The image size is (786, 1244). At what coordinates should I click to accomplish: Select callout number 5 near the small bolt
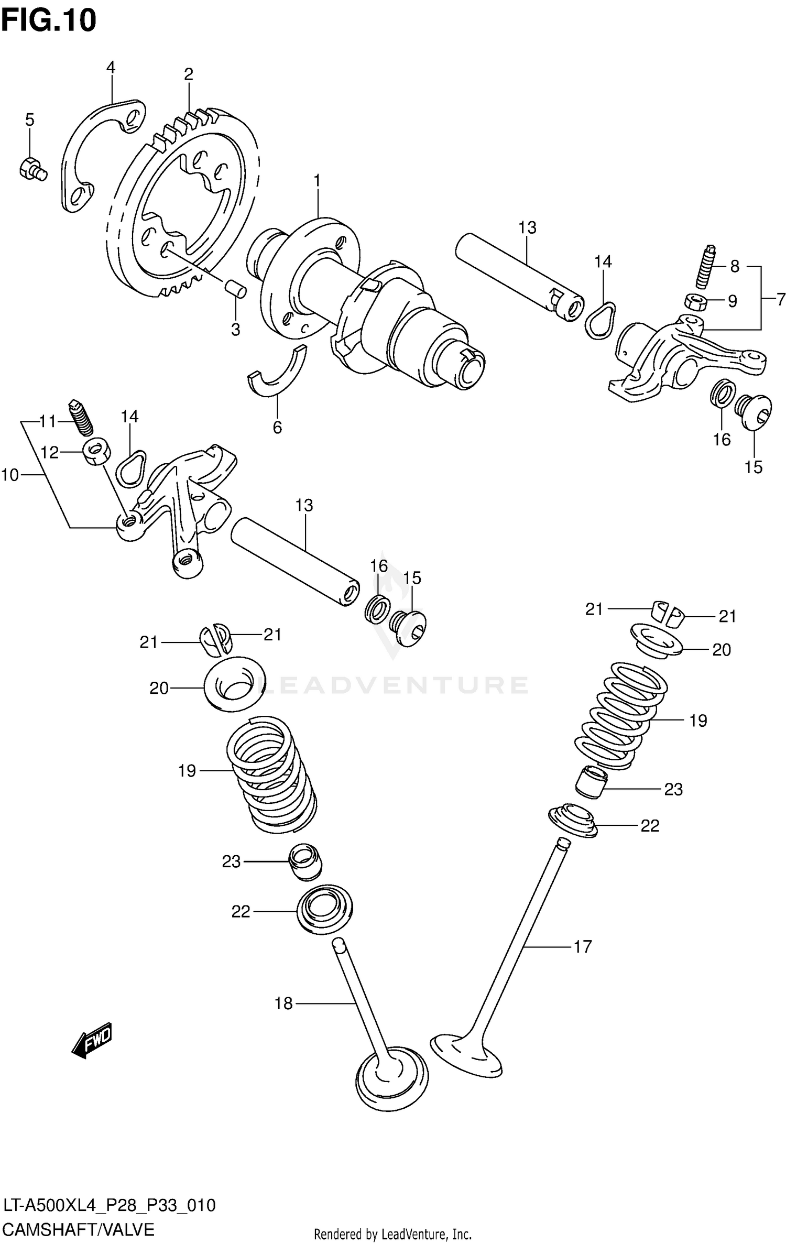(30, 120)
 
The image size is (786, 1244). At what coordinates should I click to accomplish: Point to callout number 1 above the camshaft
(317, 181)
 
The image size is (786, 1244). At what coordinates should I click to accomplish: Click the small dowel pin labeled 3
(234, 289)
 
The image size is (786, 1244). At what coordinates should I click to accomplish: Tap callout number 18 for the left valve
(283, 1003)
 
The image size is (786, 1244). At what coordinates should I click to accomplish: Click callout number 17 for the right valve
(583, 946)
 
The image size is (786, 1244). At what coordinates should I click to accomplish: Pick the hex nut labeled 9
(696, 302)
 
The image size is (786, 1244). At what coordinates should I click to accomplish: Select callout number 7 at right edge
(780, 299)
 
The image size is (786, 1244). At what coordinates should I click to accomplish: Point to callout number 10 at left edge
(10, 475)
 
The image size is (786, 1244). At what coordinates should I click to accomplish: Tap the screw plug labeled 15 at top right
(755, 411)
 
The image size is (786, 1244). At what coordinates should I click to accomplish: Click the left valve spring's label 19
(187, 770)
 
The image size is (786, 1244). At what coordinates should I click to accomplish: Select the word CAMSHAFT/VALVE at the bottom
(79, 1230)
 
